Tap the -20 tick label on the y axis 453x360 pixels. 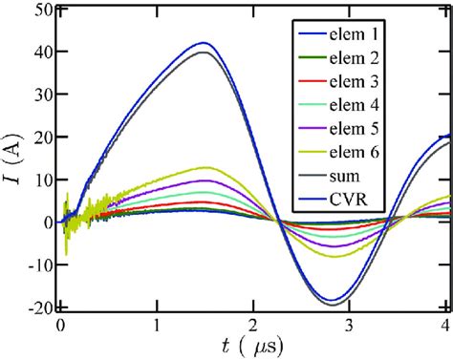(x=37, y=307)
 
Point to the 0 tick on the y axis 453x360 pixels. (x=45, y=222)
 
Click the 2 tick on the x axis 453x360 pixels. (x=252, y=324)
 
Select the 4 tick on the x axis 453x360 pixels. (x=444, y=324)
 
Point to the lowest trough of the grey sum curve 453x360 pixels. (x=334, y=305)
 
